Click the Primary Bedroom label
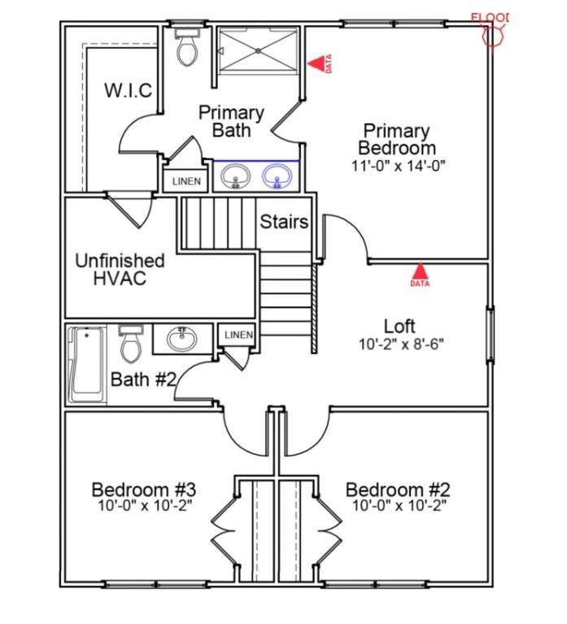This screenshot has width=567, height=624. (396, 139)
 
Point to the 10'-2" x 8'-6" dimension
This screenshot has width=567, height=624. (402, 344)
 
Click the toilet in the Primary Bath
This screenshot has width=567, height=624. (186, 48)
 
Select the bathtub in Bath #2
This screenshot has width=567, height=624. (86, 365)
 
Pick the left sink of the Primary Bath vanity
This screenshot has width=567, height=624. (236, 175)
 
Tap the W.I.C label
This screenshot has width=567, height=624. (128, 90)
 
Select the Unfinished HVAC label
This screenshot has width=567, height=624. (120, 270)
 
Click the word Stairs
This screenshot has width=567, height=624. (284, 222)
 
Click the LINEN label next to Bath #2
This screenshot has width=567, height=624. (238, 335)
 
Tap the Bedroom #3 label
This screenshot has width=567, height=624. (143, 490)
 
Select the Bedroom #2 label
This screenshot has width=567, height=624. (398, 490)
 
